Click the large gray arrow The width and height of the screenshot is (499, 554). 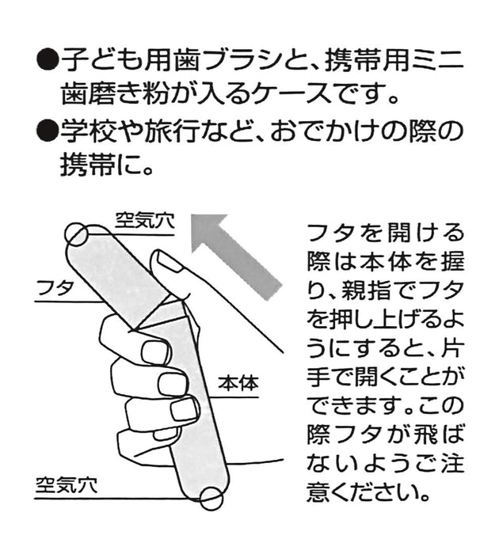click(236, 257)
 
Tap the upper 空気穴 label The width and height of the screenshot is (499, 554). click(145, 221)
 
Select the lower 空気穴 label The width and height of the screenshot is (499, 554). click(66, 485)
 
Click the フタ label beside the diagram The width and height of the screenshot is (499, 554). click(55, 288)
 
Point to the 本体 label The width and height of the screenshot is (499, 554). click(238, 383)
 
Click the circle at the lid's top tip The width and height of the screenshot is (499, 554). click(76, 233)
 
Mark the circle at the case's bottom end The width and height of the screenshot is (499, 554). click(211, 499)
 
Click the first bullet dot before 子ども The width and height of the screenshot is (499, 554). click(47, 59)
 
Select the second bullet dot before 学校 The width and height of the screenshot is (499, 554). click(47, 130)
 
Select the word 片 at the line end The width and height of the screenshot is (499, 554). click(452, 348)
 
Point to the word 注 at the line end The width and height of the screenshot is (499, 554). click(452, 463)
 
